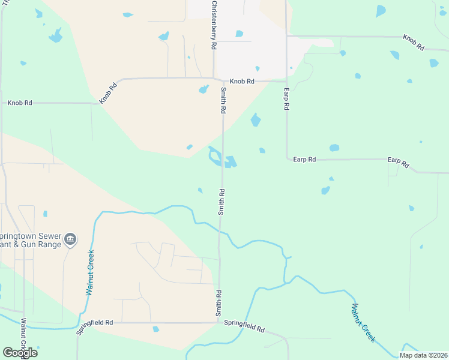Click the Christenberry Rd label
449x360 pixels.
tap(214, 25)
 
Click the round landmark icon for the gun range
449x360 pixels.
tap(71, 240)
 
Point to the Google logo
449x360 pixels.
tap(20, 353)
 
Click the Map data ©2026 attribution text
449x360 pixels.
tap(423, 355)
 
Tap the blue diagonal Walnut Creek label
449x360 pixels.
tap(363, 322)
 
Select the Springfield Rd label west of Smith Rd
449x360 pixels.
tap(95, 323)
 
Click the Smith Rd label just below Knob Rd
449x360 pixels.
tap(223, 101)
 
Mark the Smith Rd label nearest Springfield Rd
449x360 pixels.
tap(219, 304)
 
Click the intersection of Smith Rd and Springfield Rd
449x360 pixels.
tap(218, 323)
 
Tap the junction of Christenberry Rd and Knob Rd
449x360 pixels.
tap(214, 78)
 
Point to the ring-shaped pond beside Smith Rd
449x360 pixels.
tap(214, 157)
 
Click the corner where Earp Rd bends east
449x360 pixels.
tap(287, 159)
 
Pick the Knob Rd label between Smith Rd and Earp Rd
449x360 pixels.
tap(243, 81)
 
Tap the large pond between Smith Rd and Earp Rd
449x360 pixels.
tap(256, 120)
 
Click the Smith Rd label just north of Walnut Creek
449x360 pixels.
tap(221, 202)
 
